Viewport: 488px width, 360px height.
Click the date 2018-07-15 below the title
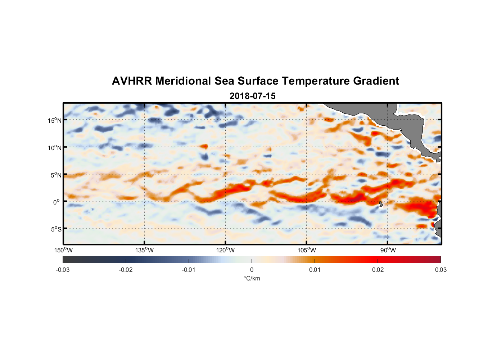tap(252, 96)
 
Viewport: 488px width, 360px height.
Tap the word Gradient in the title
tap(376, 81)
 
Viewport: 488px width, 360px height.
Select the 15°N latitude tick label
tap(55, 120)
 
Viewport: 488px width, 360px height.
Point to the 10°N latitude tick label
tap(55, 148)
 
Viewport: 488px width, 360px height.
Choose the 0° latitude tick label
tap(57, 202)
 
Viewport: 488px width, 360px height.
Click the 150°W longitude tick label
tap(64, 250)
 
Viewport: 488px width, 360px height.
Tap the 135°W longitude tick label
tap(145, 250)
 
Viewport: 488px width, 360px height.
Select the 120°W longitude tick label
tap(226, 250)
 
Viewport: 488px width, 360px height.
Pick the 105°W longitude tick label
tap(307, 250)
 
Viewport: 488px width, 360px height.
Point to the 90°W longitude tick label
tap(388, 250)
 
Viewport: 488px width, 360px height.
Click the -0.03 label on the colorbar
tap(63, 270)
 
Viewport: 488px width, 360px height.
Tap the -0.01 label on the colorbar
tap(189, 270)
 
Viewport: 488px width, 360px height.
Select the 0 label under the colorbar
tap(252, 270)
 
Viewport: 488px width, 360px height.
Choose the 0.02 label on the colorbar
tap(378, 270)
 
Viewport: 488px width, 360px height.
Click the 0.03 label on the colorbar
tap(440, 270)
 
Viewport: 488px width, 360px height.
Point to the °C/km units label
tap(252, 278)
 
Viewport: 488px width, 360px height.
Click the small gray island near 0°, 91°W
tap(381, 204)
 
